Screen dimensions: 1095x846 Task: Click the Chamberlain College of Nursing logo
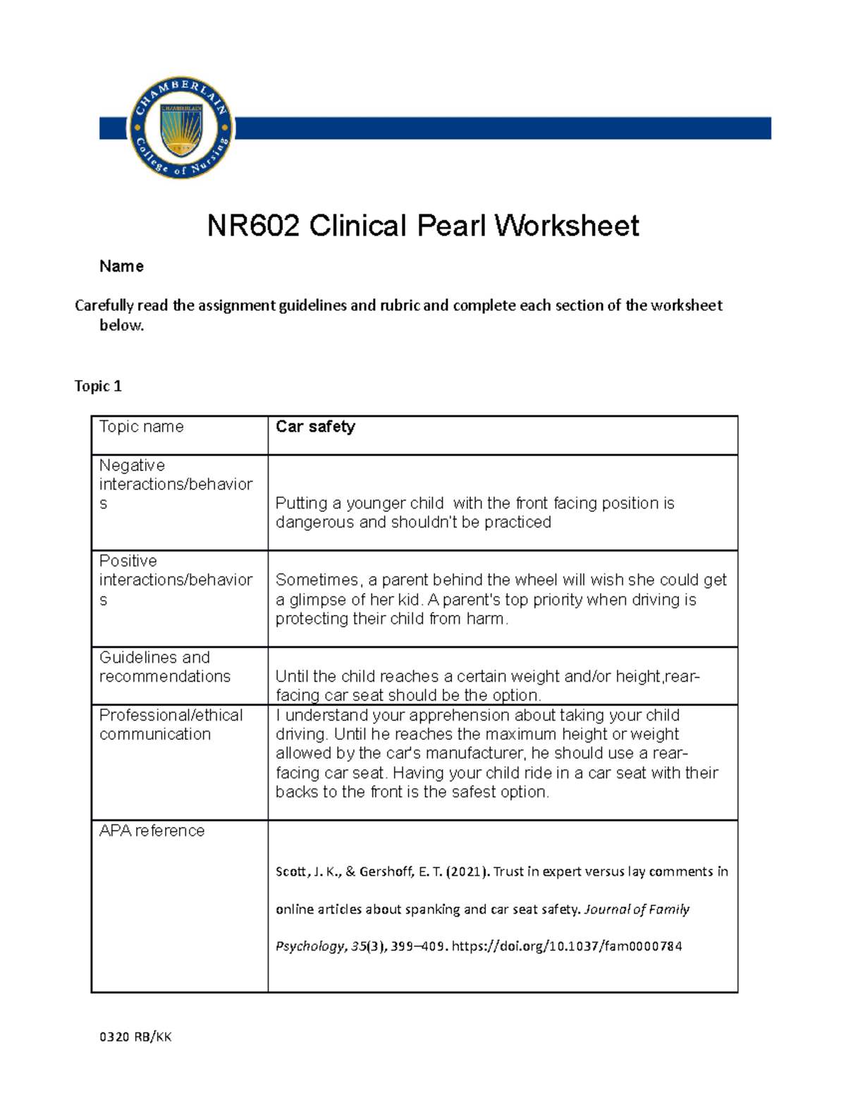tap(181, 128)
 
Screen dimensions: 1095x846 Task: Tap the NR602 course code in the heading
tap(253, 226)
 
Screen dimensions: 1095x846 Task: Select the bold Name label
tap(121, 267)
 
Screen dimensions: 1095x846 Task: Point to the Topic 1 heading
tap(98, 386)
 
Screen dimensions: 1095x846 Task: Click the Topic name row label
tap(141, 427)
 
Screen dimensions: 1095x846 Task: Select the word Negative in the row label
tap(132, 465)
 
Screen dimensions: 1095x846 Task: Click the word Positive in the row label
tap(128, 561)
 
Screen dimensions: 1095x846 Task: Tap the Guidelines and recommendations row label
tap(164, 667)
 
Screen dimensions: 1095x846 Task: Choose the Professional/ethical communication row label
tap(171, 725)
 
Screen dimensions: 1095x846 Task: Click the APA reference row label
tap(152, 831)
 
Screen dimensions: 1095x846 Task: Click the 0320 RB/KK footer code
tap(135, 1037)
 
